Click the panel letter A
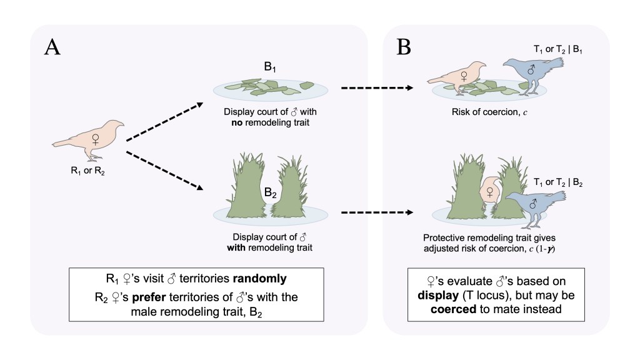coord(52,48)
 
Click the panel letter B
coord(404,48)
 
